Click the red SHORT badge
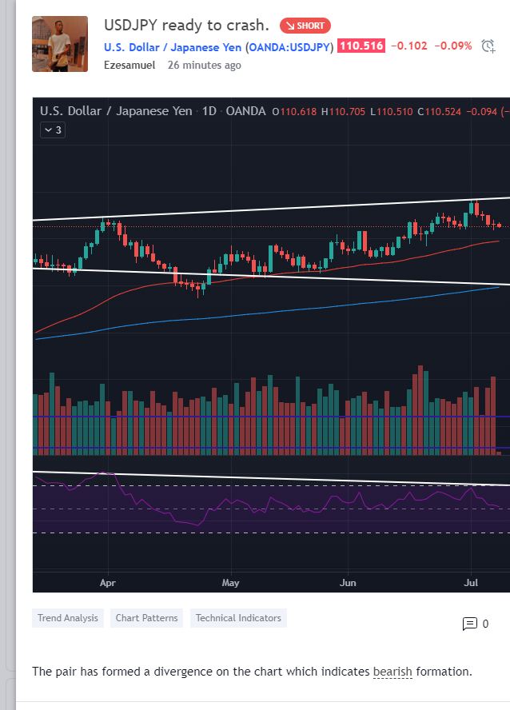coord(305,26)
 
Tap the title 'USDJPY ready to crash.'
coord(186,26)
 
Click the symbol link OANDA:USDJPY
coord(289,47)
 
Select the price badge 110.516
coord(361,47)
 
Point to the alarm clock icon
coord(488,47)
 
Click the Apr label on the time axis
coord(108,583)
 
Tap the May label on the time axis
coord(230,583)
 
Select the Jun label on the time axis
coord(348,583)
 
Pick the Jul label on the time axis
coord(471,583)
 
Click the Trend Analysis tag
coord(68,618)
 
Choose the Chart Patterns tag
coord(147,618)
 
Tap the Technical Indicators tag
coord(238,618)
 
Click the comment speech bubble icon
coord(470,624)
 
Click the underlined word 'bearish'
coord(392,672)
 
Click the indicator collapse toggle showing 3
coord(54,130)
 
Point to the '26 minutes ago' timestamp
coord(204,65)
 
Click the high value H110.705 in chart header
coord(343,111)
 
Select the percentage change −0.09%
coord(452,47)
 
